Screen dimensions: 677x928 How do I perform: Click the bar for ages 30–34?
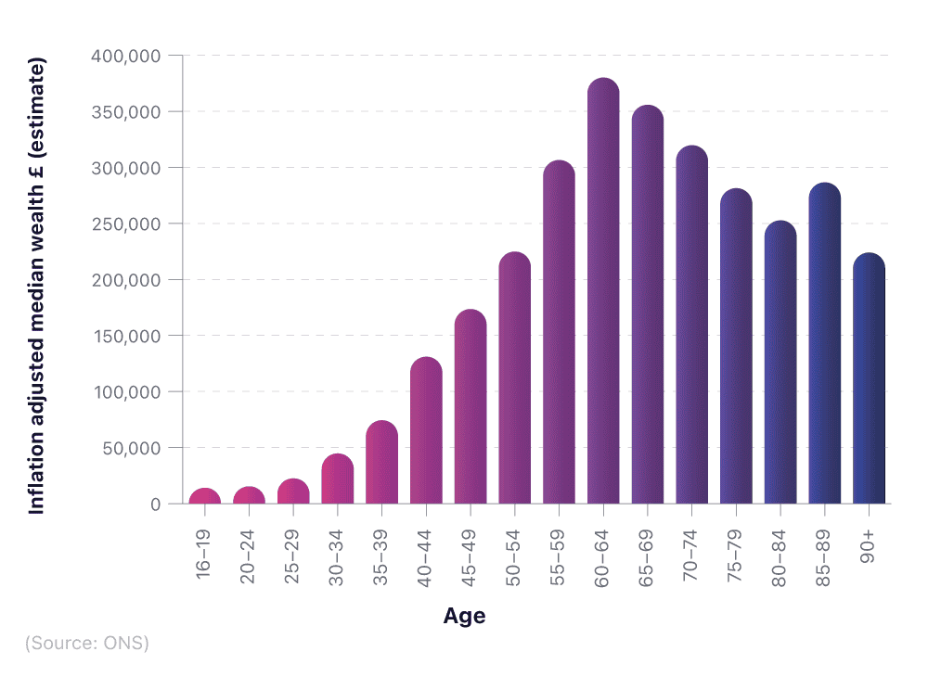[338, 479]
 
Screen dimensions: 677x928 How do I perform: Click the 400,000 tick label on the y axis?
[126, 56]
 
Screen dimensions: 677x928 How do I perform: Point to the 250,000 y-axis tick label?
[126, 224]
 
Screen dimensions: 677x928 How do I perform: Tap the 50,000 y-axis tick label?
[131, 448]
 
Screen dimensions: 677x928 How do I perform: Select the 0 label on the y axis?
[155, 504]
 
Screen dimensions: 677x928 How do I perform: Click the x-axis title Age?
[464, 617]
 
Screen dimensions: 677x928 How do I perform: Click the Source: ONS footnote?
[86, 643]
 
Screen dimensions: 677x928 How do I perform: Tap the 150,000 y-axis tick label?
[126, 336]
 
